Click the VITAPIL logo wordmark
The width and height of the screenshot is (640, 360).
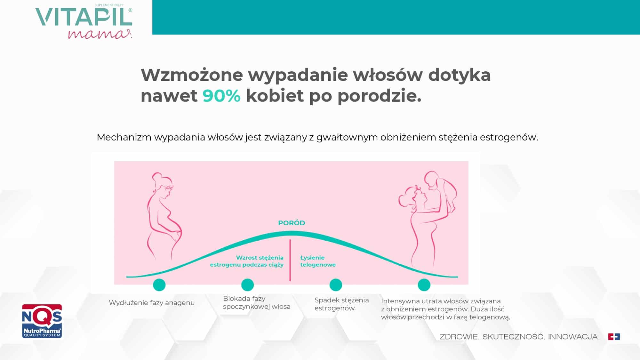coord(84,17)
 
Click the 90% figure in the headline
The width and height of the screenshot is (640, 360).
coord(221,96)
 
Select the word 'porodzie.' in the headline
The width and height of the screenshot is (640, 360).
coord(380,96)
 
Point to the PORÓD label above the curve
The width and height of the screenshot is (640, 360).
coord(292,223)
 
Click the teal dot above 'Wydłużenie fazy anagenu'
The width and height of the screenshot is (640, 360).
coord(159,284)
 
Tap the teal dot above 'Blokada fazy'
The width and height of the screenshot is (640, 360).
coord(247,284)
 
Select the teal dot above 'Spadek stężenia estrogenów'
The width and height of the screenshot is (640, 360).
coord(336,284)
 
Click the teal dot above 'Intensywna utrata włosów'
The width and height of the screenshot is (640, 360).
coord(424,284)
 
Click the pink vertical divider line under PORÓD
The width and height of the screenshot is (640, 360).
coord(290,260)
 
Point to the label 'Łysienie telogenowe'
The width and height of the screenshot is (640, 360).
coord(318,261)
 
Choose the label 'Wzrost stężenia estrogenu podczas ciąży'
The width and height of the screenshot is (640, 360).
coord(247,261)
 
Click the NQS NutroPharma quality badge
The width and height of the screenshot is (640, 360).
coord(42,321)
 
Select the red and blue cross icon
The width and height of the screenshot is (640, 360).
coord(614,337)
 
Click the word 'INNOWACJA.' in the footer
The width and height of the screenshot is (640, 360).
coord(574,337)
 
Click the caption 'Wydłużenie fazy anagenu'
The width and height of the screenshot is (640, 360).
coord(152,303)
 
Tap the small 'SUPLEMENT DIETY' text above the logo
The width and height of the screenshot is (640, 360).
coord(109,5)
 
